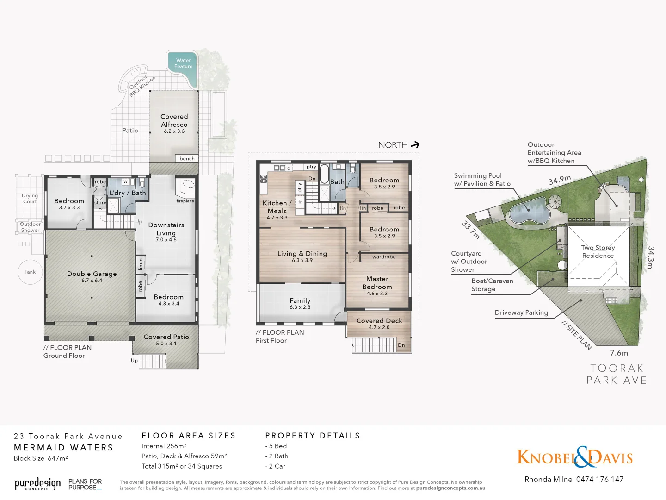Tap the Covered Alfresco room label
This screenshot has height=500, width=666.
pos(174,121)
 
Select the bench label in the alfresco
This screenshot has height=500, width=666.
pos(187,159)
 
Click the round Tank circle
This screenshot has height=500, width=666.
pos(30,272)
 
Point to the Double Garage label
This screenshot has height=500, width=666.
pos(92,274)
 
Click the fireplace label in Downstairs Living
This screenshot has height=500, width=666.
pos(185,201)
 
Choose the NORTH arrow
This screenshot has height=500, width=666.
pos(415,145)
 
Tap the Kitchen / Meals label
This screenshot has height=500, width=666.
pos(277,207)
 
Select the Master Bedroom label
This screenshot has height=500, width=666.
pos(377,283)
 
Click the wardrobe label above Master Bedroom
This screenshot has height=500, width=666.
pos(384,257)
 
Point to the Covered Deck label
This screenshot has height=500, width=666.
pos(379,321)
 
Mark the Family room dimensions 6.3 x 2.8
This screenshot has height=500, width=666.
pos(300,307)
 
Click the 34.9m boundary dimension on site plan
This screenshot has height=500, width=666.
pos(560,180)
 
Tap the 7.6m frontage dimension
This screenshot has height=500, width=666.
pos(619,353)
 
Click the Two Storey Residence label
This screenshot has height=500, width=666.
pos(598,251)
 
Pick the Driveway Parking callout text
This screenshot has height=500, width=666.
pos(521,313)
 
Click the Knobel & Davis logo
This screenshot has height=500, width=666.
pos(574,457)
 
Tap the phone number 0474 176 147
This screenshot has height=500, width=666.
pos(600,480)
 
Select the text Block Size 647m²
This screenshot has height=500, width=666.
pos(41,458)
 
